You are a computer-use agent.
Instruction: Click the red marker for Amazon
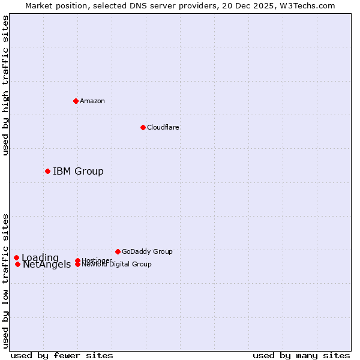click(76, 101)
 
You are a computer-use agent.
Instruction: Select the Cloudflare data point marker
click(143, 127)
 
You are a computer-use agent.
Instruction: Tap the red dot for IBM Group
click(47, 171)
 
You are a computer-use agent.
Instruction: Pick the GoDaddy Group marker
click(118, 251)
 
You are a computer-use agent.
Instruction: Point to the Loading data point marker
click(16, 258)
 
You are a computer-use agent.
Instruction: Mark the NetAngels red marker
click(18, 264)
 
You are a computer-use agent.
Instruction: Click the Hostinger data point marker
click(78, 260)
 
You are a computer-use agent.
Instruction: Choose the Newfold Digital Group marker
click(78, 265)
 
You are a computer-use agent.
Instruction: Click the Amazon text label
click(92, 101)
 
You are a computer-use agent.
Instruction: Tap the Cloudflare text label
click(163, 127)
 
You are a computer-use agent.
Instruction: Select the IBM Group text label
click(78, 172)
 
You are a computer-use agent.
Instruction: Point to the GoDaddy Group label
click(147, 251)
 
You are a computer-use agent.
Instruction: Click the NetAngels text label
click(47, 265)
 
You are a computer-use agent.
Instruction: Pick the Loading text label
click(40, 258)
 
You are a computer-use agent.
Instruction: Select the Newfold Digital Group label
click(117, 265)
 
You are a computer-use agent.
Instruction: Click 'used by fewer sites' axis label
click(62, 355)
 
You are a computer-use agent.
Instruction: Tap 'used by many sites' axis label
click(301, 355)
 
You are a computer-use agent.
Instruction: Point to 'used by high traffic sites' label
click(5, 85)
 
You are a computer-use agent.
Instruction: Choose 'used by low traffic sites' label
click(5, 280)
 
